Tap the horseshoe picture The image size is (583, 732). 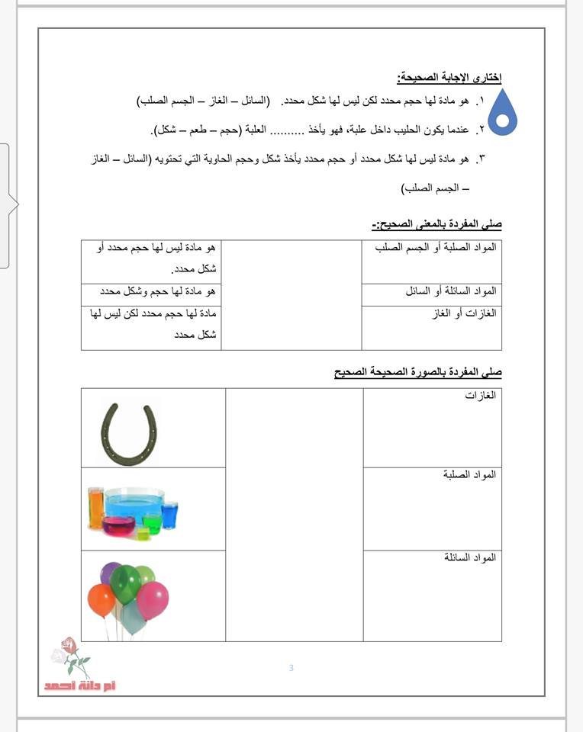[130, 433]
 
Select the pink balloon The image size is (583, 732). [153, 599]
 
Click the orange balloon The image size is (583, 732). [101, 599]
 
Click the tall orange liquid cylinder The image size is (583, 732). [95, 507]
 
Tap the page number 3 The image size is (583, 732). [291, 669]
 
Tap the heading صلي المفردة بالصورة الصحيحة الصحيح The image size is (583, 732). [418, 372]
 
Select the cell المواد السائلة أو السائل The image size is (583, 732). [451, 291]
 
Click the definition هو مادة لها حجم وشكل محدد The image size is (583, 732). [158, 291]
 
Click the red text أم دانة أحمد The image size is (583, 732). [80, 685]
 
